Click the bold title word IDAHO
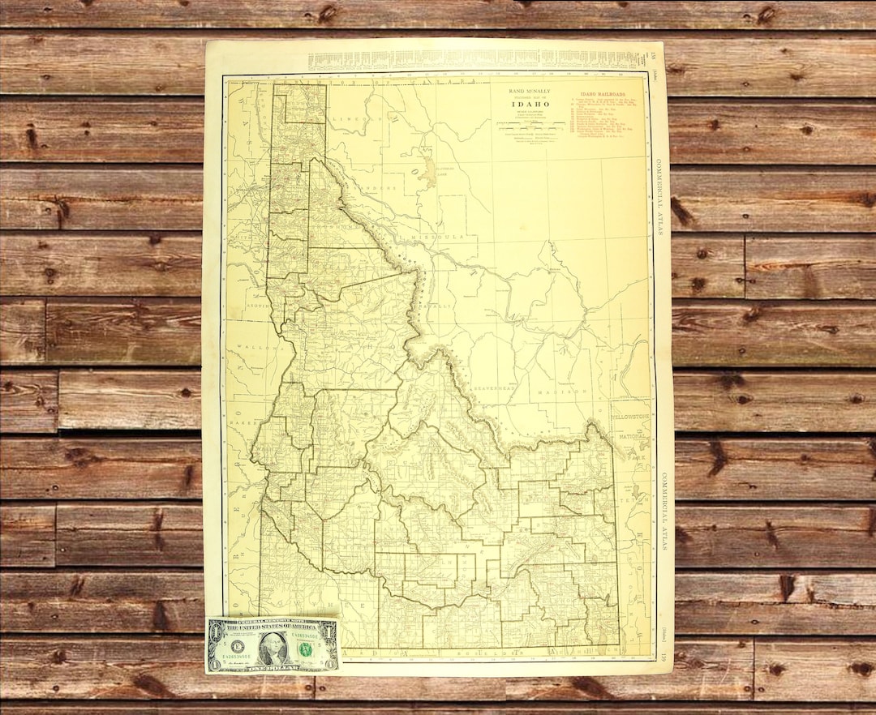pyautogui.click(x=529, y=104)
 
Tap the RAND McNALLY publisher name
pyautogui.click(x=529, y=89)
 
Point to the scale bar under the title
pyautogui.click(x=529, y=123)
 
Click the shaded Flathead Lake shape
pyautogui.click(x=427, y=171)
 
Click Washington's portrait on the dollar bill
pyautogui.click(x=273, y=648)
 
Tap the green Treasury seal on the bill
pyautogui.click(x=309, y=647)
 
